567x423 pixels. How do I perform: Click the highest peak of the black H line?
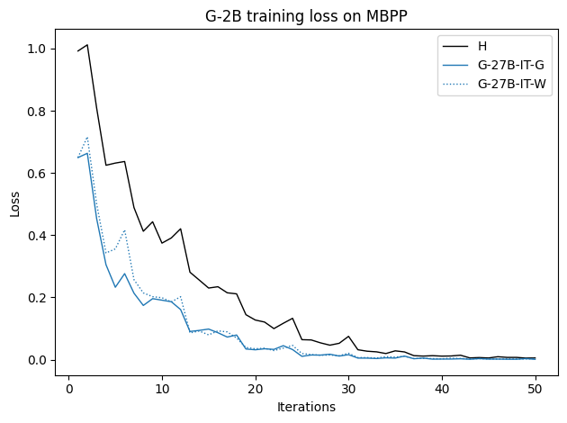(x=87, y=45)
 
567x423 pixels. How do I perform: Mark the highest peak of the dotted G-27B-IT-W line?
(x=87, y=138)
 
